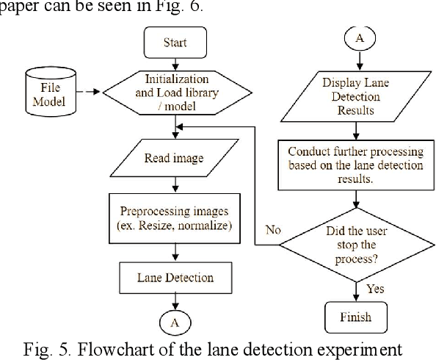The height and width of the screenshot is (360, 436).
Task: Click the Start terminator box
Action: (174, 41)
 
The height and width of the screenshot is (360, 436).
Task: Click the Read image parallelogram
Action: (174, 156)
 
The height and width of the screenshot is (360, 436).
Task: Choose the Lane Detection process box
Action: (175, 277)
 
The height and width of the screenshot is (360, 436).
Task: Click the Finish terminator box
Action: (355, 317)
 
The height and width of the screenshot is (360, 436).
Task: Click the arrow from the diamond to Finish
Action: (355, 288)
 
